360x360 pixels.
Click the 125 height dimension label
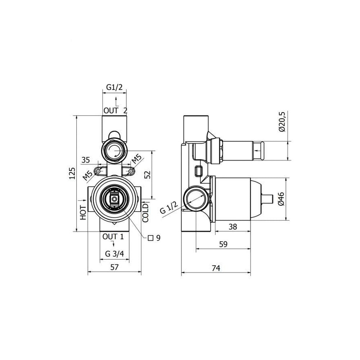click(x=72, y=174)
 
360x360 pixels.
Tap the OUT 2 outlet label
click(x=115, y=111)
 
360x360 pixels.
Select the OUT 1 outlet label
click(x=113, y=237)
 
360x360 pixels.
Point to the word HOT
click(x=83, y=213)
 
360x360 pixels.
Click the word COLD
click(x=145, y=213)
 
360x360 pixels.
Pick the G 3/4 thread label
click(x=114, y=254)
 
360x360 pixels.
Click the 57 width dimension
click(x=114, y=267)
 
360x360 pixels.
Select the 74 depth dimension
click(x=216, y=268)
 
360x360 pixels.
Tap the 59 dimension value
click(x=223, y=244)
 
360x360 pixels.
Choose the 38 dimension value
click(x=233, y=227)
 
